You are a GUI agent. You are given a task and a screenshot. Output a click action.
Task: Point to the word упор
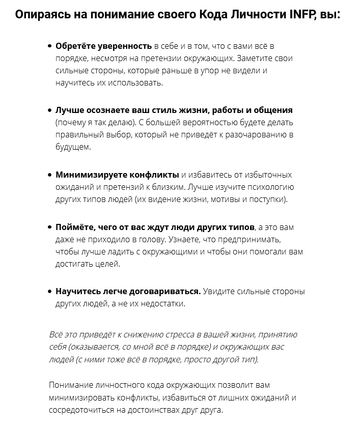click(212, 70)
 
